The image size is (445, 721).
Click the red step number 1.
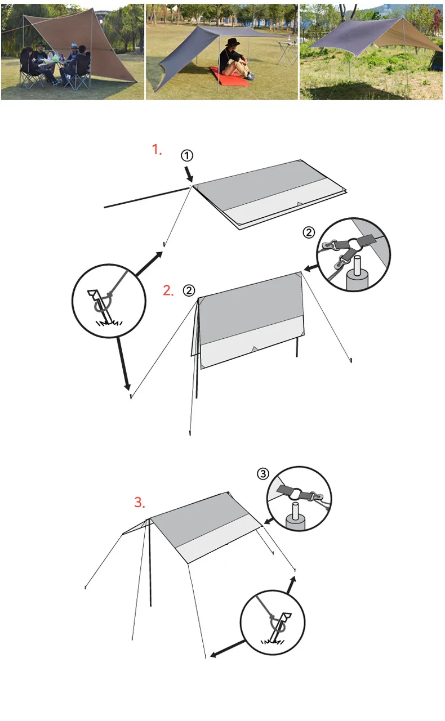pos(157,150)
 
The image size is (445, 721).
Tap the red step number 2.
pos(168,290)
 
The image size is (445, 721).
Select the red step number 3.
pos(139,502)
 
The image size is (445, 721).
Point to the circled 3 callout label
pos(263,474)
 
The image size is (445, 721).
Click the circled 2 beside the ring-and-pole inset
pos(308,232)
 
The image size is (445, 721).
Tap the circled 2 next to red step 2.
pos(189,290)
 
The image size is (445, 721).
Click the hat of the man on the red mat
pos(233,43)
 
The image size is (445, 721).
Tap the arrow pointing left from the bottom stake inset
pos(225,649)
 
